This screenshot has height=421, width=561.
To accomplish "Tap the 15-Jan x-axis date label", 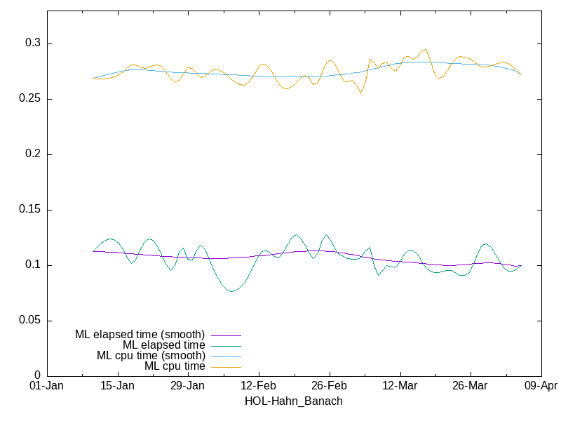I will [x=117, y=386].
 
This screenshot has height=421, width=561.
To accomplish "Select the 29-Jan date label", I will [x=188, y=386].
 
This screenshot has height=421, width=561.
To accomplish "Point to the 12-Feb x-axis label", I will [x=259, y=386].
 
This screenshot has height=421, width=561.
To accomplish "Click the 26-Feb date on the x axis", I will [x=329, y=386].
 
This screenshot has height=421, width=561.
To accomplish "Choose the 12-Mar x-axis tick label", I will [x=400, y=386].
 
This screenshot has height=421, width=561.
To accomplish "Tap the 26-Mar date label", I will [x=471, y=386].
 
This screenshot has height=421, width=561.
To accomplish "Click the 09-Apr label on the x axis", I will [x=541, y=386].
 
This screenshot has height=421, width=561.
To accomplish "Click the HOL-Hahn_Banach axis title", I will [x=293, y=401].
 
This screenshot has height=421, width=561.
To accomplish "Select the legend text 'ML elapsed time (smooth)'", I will [x=140, y=335].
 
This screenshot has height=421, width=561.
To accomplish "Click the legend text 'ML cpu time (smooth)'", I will [x=151, y=356].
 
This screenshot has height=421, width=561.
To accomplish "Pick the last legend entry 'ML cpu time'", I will [x=175, y=366].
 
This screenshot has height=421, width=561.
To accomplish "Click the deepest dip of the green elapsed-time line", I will [x=231, y=291].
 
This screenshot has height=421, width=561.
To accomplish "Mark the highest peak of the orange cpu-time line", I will [x=425, y=49].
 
